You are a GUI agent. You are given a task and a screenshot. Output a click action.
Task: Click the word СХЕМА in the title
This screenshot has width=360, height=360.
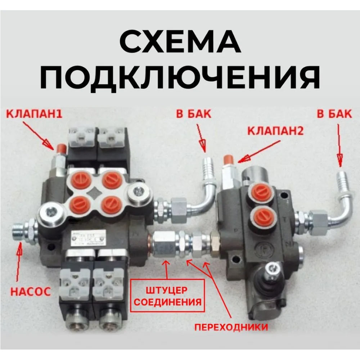[180, 41]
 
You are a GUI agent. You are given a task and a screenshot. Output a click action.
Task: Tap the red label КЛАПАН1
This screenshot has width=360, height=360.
[34, 114]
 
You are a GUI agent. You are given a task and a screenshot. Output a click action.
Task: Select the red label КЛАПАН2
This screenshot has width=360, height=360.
[275, 131]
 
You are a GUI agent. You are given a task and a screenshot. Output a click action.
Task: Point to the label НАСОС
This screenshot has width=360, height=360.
[31, 291]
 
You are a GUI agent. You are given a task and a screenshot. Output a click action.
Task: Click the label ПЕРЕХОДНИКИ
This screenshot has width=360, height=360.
[231, 327]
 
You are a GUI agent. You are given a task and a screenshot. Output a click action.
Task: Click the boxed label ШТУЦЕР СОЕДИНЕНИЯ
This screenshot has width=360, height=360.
[167, 296]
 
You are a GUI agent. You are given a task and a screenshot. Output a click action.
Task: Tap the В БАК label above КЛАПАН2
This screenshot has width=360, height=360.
[334, 114]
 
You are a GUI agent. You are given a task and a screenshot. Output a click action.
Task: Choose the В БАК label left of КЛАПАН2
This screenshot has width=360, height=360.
[194, 114]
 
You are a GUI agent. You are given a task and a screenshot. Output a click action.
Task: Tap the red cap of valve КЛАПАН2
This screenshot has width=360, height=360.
[228, 159]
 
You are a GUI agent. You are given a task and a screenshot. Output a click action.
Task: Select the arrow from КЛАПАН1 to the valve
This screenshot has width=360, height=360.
[39, 135]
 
